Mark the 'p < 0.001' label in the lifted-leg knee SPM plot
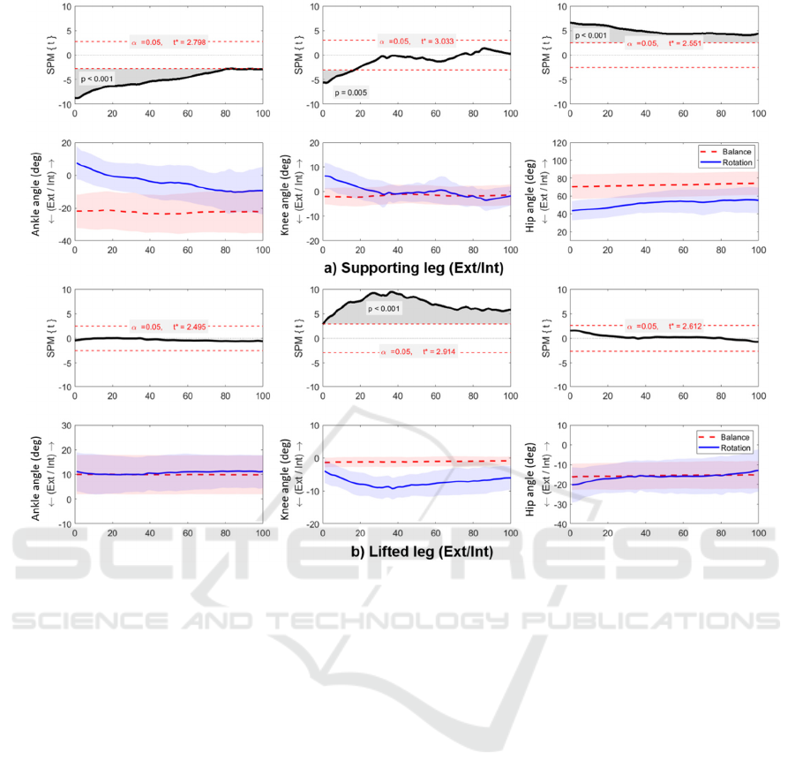(x=386, y=308)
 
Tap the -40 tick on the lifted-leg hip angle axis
(x=558, y=524)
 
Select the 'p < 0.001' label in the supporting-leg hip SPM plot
(x=592, y=36)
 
